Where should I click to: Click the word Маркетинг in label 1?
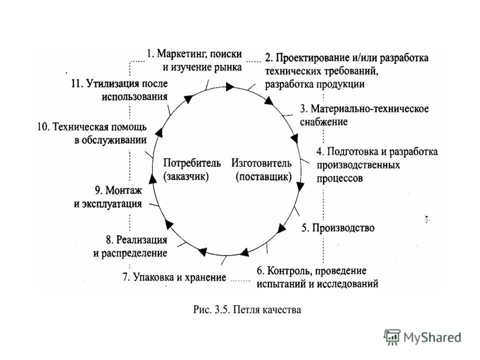pyautogui.click(x=179, y=54)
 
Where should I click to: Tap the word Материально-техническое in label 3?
pyautogui.click(x=369, y=108)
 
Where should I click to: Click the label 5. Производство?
pyautogui.click(x=338, y=228)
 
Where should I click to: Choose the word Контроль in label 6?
pyautogui.click(x=289, y=271)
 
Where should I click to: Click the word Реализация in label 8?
pyautogui.click(x=141, y=239)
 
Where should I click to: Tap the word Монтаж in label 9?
pyautogui.click(x=123, y=190)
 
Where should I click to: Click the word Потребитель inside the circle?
pyautogui.click(x=192, y=162)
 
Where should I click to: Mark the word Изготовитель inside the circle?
pyautogui.click(x=261, y=163)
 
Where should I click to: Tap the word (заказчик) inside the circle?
pyautogui.click(x=186, y=176)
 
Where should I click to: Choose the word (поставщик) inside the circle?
pyautogui.click(x=263, y=176)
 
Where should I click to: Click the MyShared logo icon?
pyautogui.click(x=392, y=337)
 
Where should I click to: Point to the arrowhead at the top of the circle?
pyautogui.click(x=230, y=86)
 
